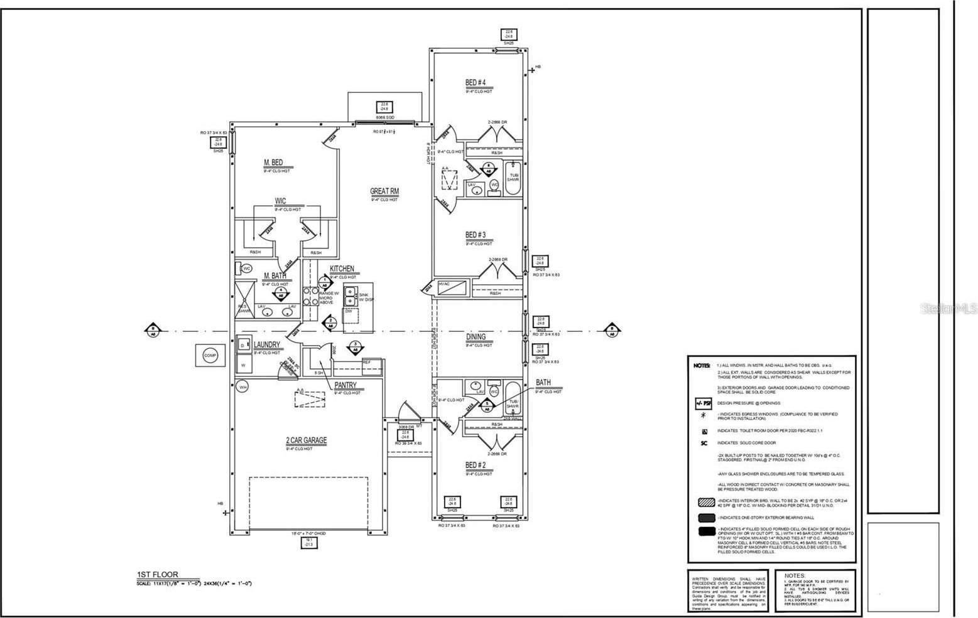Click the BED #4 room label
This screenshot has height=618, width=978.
point(475,82)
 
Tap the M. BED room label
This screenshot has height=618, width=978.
point(273,162)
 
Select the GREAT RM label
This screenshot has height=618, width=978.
point(384,191)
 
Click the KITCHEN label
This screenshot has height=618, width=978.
point(342,269)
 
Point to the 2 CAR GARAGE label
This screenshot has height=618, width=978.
point(306,440)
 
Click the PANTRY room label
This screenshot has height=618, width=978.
point(345,385)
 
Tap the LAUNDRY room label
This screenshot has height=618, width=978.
point(267,344)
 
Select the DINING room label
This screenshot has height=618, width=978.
point(475,337)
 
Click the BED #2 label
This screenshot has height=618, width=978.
point(475,465)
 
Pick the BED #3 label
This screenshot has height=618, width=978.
point(475,235)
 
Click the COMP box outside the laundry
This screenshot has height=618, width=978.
point(210,355)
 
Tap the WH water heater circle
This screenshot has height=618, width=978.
point(242,387)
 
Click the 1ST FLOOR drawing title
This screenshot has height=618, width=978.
point(158,574)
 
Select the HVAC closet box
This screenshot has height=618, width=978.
point(453,288)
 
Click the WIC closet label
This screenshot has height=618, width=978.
point(280,201)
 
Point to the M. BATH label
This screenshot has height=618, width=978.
point(275,276)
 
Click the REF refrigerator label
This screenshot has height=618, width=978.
point(366,362)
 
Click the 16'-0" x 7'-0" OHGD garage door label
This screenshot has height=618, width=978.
point(308,533)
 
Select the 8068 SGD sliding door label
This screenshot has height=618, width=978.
point(384,117)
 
